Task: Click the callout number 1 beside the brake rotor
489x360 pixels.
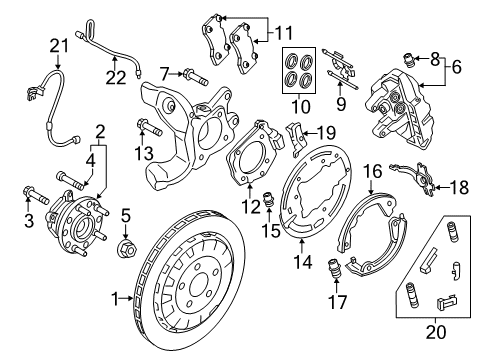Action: [116, 297]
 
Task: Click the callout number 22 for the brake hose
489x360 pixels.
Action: [116, 77]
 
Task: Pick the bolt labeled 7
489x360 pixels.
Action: [195, 74]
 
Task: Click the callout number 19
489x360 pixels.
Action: [326, 130]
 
